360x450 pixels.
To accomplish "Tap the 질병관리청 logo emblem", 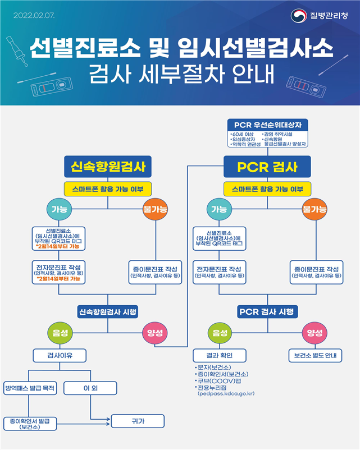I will point(298,15).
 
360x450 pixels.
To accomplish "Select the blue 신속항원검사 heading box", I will point(108,167).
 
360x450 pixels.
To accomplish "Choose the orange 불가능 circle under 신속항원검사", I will point(156,209).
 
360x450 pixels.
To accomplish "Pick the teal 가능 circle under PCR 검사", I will point(220,209).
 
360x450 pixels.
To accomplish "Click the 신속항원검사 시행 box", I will point(108,311).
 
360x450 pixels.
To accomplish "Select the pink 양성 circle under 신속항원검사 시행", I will point(156,333).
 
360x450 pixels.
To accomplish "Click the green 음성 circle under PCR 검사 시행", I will point(220,333).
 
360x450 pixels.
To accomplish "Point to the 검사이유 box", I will point(60,355).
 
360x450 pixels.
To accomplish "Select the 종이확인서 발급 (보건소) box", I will point(30,423).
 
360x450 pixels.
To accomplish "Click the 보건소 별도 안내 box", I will point(315,355).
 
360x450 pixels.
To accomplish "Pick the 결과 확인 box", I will point(220,355).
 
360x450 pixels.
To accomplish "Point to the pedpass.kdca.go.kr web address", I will point(226,394).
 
